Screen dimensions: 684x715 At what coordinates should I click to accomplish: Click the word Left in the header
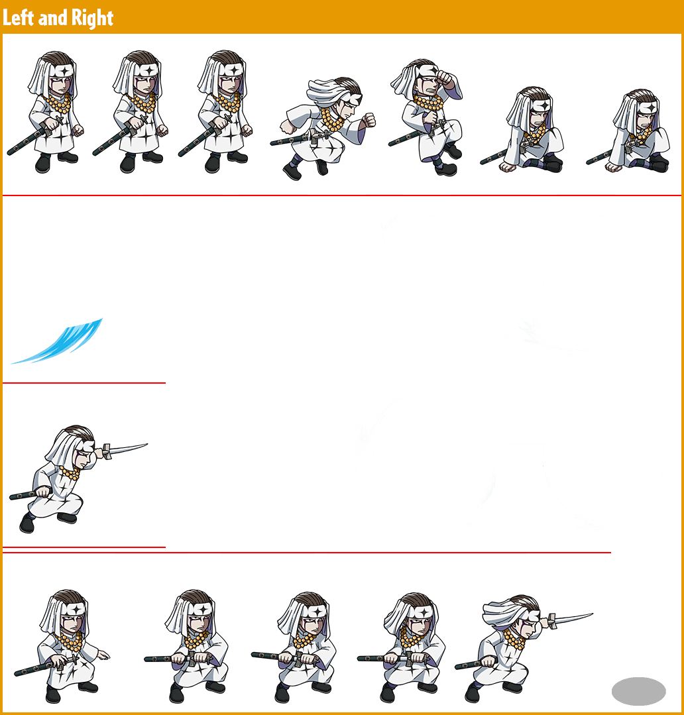[19, 17]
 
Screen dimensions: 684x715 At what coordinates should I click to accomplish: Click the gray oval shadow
[638, 691]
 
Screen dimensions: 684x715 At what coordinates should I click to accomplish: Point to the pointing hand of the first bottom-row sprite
[103, 655]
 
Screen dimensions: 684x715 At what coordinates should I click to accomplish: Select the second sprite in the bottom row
[187, 646]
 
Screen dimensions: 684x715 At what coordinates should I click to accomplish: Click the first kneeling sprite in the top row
[522, 130]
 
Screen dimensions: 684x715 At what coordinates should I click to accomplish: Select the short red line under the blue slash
[84, 383]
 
